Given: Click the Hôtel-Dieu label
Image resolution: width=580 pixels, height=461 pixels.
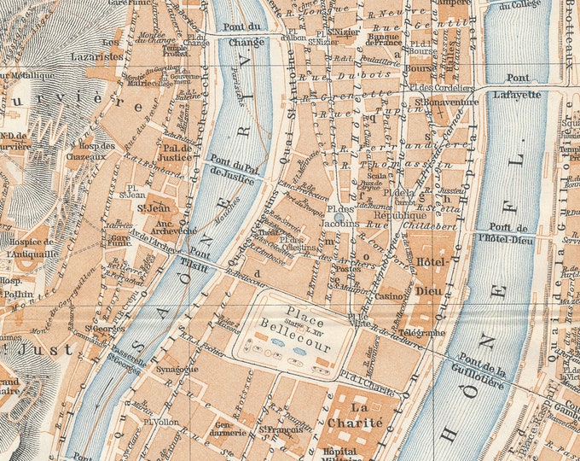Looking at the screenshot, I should coord(434,272).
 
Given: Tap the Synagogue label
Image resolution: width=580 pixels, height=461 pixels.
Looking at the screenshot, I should coord(177,369).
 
